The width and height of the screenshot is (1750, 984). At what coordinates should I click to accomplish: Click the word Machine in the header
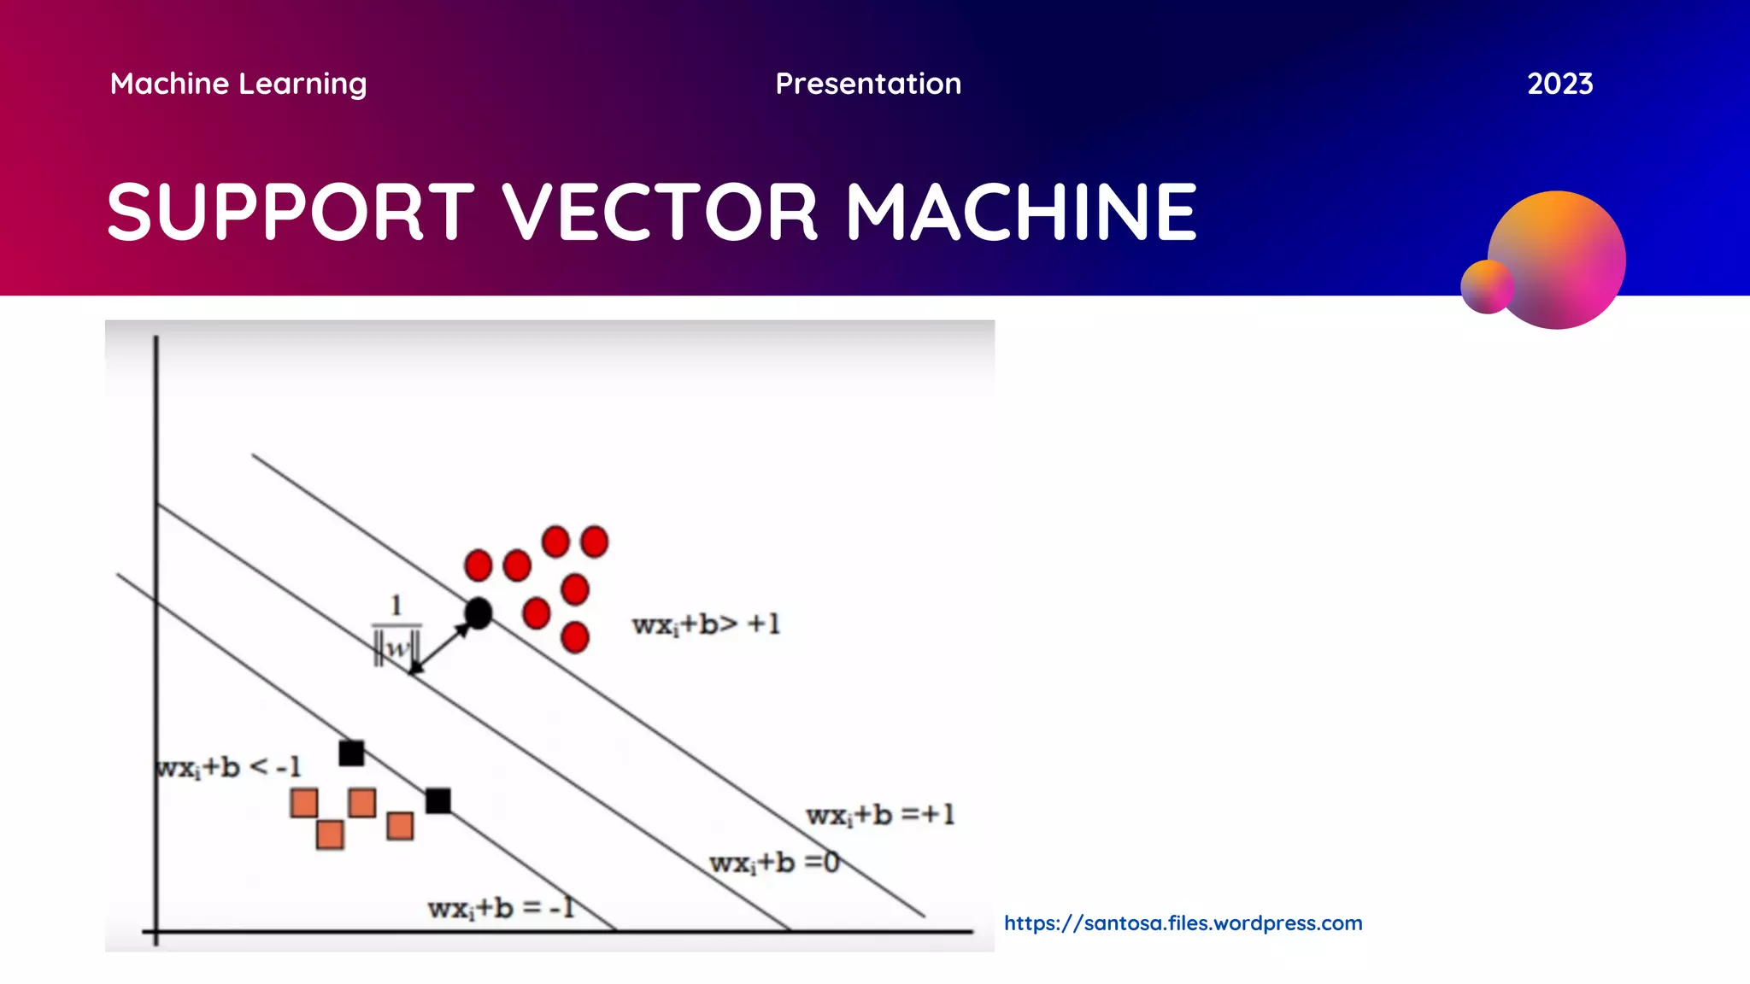pos(169,84)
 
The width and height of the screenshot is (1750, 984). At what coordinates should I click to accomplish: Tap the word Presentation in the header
pos(868,84)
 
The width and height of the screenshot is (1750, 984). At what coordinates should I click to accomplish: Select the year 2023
pos(1559,84)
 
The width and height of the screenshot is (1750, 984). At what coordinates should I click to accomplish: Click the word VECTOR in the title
pos(660,212)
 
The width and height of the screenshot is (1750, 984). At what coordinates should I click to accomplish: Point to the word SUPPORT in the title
pos(291,212)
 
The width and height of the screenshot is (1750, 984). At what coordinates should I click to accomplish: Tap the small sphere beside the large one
pos(1487,287)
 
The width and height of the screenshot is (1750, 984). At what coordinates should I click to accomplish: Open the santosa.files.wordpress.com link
pos(1183,923)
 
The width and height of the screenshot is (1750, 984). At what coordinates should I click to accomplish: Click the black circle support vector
pos(479,613)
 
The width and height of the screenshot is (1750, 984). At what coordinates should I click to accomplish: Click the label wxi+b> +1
pos(706,624)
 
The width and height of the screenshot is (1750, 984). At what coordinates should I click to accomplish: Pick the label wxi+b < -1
pos(229,767)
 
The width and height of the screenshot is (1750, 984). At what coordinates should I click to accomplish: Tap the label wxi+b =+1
pos(880,815)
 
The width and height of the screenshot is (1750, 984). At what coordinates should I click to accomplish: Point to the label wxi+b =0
pos(774,863)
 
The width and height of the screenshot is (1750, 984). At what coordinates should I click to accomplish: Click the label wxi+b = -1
pos(501,907)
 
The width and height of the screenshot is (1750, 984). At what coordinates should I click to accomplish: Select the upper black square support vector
pos(351,753)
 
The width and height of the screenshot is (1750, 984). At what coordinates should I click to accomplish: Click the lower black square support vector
pos(438,800)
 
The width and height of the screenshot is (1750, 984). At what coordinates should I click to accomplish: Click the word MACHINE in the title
pos(1022,212)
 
